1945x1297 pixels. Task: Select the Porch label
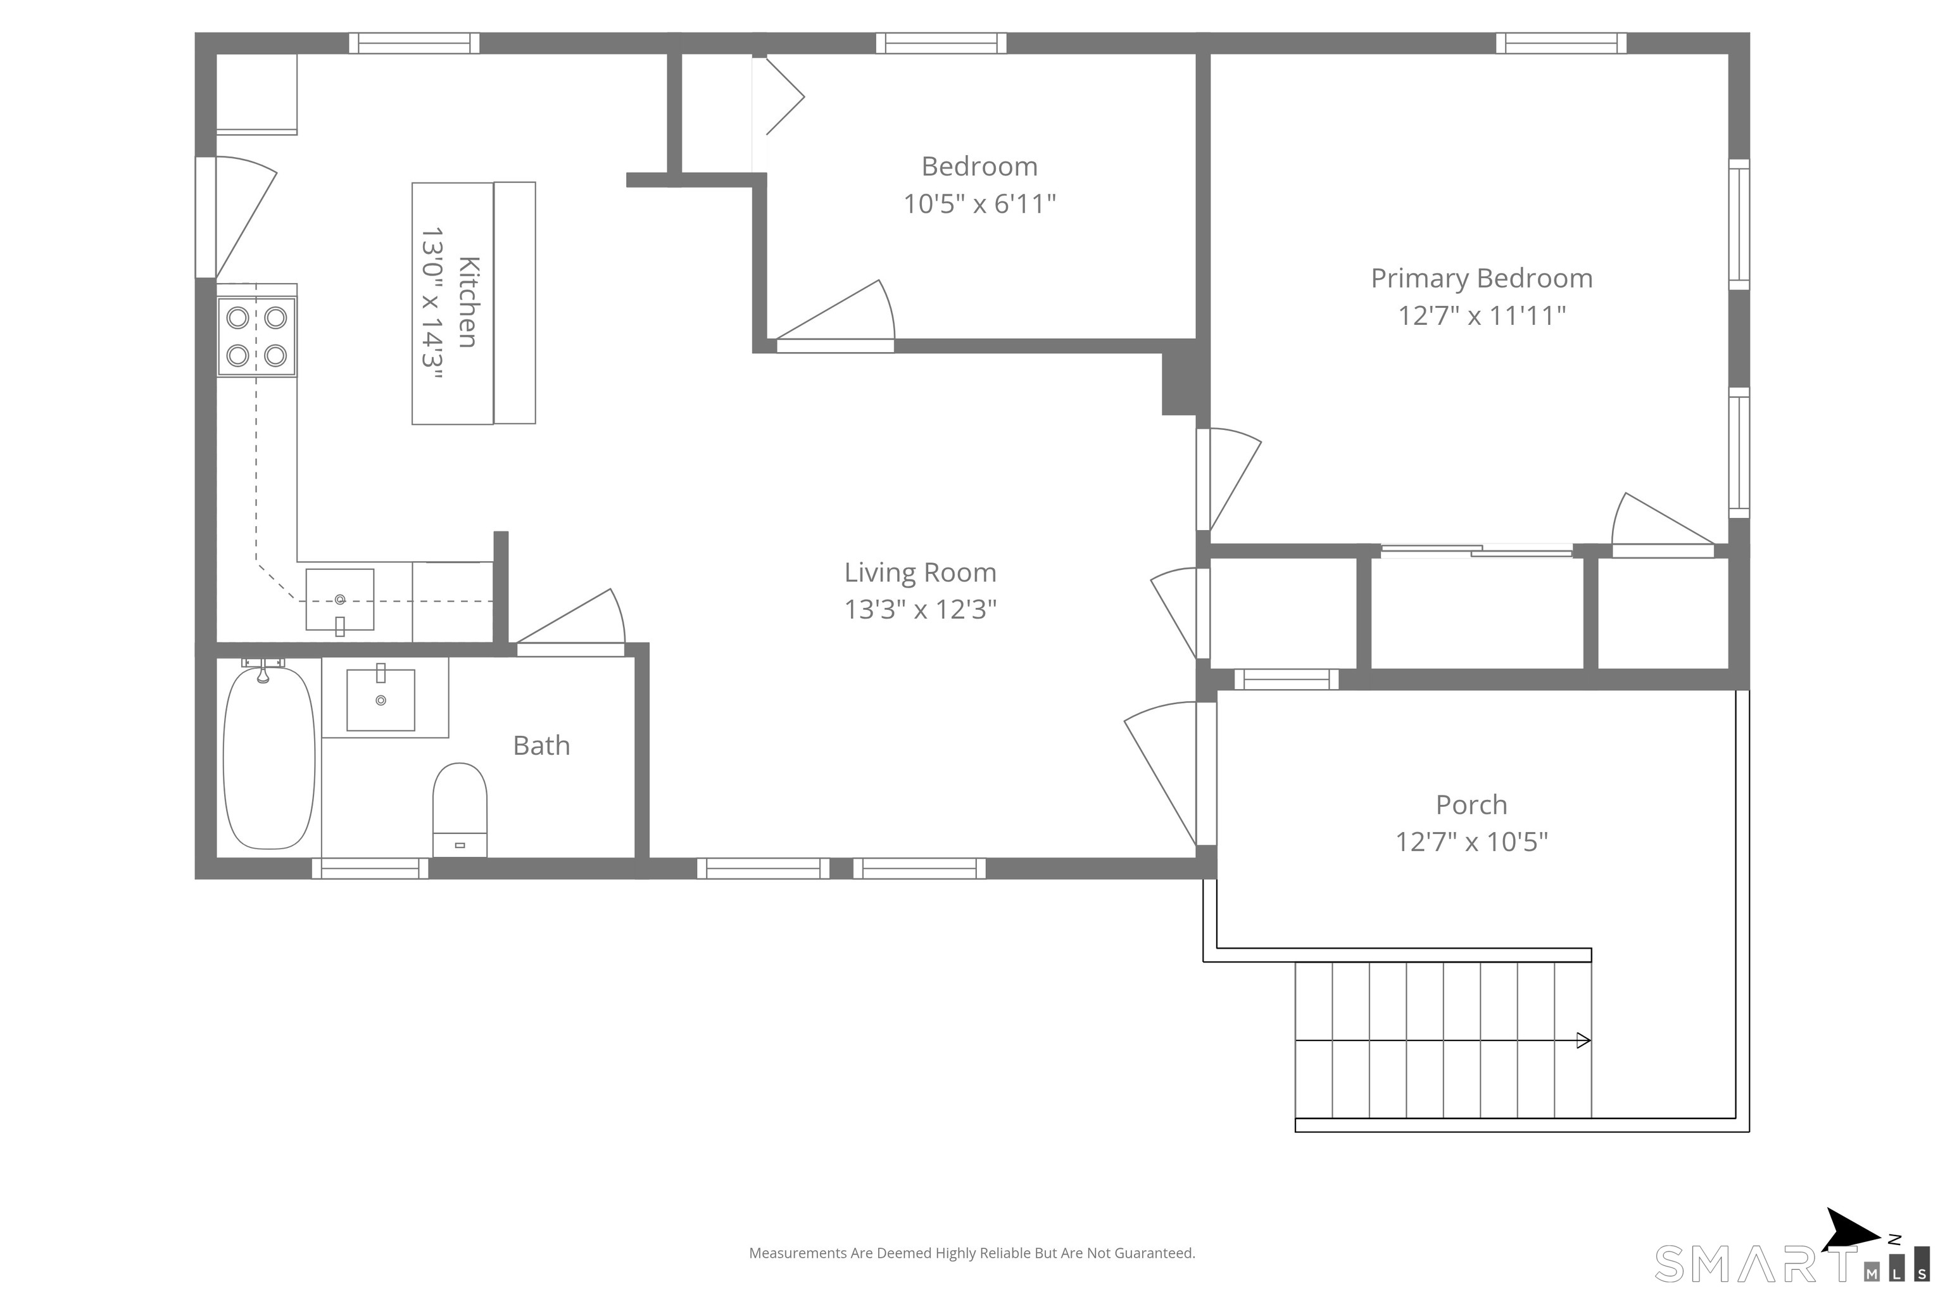[x=1471, y=805]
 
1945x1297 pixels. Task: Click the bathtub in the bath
[x=268, y=757]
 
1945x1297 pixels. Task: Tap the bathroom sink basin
[x=381, y=700]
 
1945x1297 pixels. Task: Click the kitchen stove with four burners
[x=256, y=337]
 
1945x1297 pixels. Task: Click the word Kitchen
[x=468, y=302]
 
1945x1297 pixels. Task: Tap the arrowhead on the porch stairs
[x=1583, y=1041]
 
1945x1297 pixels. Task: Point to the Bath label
[x=542, y=745]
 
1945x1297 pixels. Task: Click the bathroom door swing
[x=570, y=621]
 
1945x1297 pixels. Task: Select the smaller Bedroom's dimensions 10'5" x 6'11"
[x=979, y=203]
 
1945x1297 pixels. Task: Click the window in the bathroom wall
[x=370, y=868]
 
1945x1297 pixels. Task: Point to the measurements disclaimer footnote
[x=972, y=1253]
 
